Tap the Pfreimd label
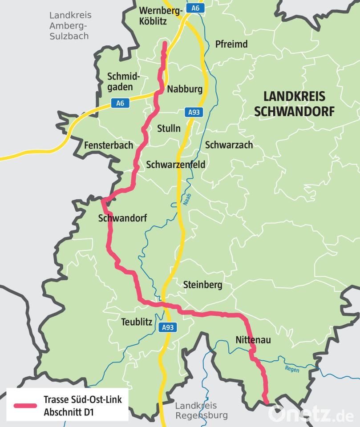click(x=231, y=44)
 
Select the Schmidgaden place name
click(x=123, y=82)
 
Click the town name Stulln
click(x=169, y=129)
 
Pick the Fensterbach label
click(x=109, y=145)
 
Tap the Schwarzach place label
click(x=229, y=145)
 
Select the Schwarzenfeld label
click(x=175, y=165)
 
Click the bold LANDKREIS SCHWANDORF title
click(x=294, y=104)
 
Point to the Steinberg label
click(x=202, y=285)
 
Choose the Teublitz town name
click(x=137, y=322)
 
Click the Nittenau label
click(x=253, y=340)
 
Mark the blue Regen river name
click(x=292, y=369)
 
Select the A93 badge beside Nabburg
click(x=194, y=113)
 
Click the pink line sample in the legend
click(x=25, y=406)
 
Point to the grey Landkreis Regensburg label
click(x=201, y=411)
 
